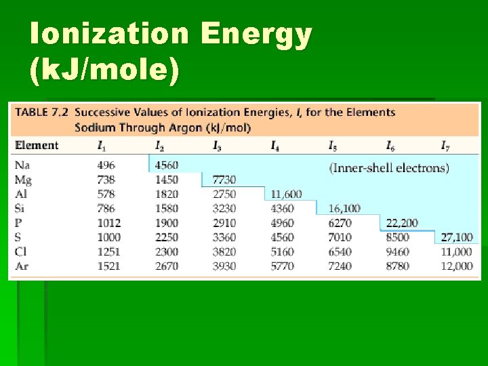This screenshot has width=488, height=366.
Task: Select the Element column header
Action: [x=37, y=145]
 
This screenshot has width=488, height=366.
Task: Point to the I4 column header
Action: [x=274, y=145]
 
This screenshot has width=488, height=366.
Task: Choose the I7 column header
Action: [x=445, y=145]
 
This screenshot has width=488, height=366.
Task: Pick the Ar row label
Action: [x=22, y=266]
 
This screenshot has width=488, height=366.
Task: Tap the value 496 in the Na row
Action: [x=106, y=165]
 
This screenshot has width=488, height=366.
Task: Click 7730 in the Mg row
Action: [x=224, y=180]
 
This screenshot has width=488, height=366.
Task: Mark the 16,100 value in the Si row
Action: [x=344, y=209]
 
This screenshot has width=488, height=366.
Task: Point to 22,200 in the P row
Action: [x=402, y=223]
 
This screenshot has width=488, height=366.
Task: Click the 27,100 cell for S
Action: [x=456, y=237]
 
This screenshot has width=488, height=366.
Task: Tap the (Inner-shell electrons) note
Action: [x=389, y=167]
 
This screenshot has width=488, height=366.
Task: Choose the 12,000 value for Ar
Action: [x=456, y=266]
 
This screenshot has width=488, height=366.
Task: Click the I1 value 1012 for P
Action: [x=108, y=223]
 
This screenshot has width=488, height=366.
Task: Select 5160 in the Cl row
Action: [x=282, y=251]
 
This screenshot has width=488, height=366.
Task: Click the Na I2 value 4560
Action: [x=166, y=165]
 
